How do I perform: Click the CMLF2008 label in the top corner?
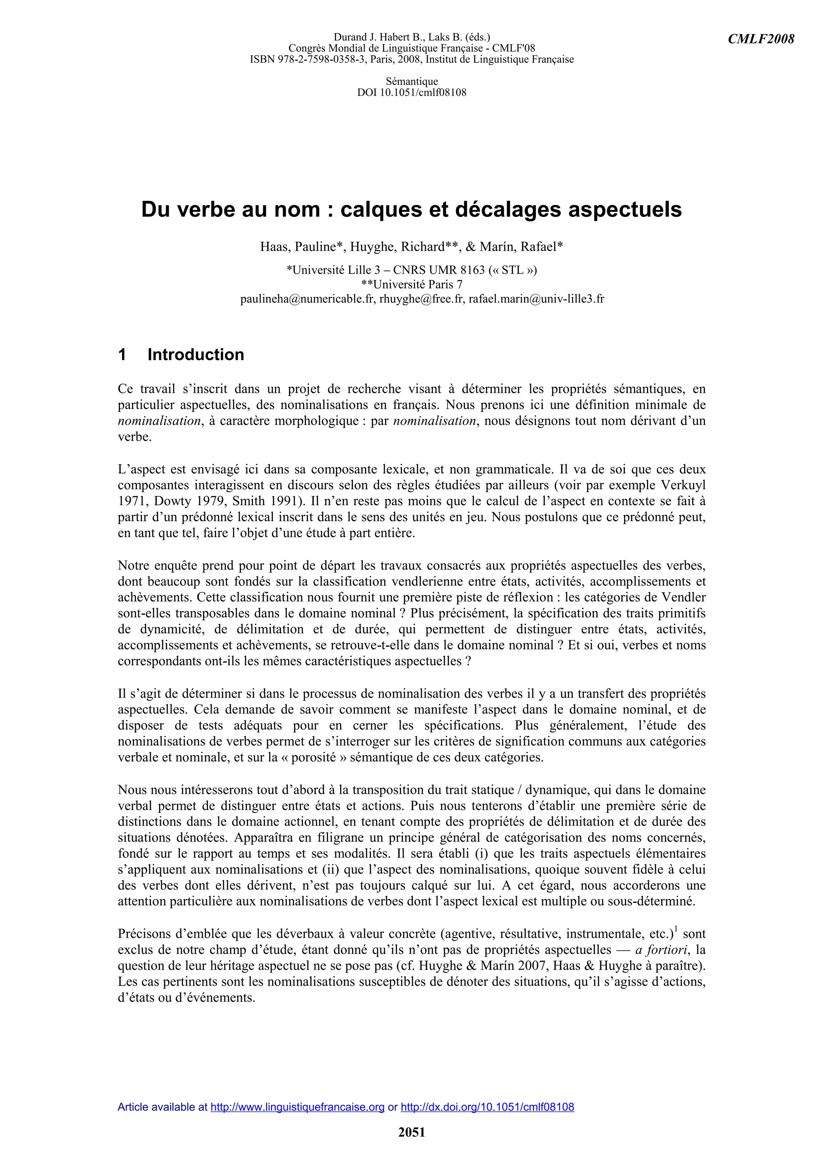pyautogui.click(x=760, y=39)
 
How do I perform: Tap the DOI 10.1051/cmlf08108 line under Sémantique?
pyautogui.click(x=412, y=93)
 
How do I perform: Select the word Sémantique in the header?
pyautogui.click(x=412, y=81)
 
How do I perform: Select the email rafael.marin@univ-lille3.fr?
pyautogui.click(x=536, y=299)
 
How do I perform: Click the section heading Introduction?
pyautogui.click(x=196, y=355)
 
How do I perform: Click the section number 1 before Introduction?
pyautogui.click(x=122, y=355)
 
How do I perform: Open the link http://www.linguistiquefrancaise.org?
pyautogui.click(x=297, y=1107)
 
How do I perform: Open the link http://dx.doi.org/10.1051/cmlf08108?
pyautogui.click(x=487, y=1107)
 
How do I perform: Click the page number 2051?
pyautogui.click(x=412, y=1132)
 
